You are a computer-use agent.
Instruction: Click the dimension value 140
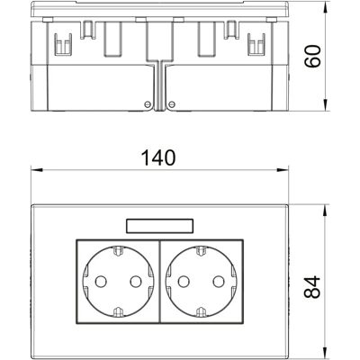[158, 157]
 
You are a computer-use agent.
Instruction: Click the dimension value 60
[312, 57]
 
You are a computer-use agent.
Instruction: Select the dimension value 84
[312, 287]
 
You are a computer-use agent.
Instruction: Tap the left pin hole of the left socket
[101, 282]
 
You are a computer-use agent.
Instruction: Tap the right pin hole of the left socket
[136, 282]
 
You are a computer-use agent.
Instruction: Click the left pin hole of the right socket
[184, 282]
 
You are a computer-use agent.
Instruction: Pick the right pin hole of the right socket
[219, 282]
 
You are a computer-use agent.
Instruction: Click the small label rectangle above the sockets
[159, 226]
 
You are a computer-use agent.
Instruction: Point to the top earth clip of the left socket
[118, 251]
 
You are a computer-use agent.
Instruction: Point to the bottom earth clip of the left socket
[118, 312]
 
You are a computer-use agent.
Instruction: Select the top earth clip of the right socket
[201, 251]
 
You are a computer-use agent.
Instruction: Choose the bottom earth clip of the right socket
[201, 312]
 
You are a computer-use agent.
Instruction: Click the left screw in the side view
[147, 104]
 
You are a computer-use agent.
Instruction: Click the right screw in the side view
[172, 104]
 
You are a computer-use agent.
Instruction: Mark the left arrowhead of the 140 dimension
[37, 170]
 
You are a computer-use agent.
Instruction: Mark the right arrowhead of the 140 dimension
[283, 170]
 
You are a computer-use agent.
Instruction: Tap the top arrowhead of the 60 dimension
[326, 7]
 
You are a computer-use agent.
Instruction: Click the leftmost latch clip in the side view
[63, 44]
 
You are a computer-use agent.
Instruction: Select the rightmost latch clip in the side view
[256, 44]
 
